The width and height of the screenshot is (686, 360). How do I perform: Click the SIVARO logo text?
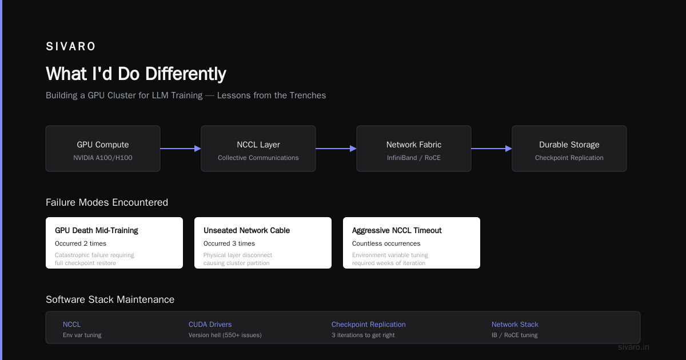point(70,46)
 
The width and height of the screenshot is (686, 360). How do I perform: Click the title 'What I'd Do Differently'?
point(136,74)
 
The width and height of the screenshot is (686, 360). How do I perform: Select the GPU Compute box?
point(103,149)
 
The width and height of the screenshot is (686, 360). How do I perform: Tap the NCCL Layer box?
point(258,149)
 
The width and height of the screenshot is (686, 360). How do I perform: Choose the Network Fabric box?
point(414,149)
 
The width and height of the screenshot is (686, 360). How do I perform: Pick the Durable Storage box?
point(569,149)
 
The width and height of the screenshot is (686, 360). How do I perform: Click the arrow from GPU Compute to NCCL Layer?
point(181,149)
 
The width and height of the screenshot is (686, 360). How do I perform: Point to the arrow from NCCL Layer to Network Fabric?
point(336,149)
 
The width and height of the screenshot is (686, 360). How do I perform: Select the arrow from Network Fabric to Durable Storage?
point(492,149)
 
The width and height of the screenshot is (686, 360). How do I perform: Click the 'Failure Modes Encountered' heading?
point(107,202)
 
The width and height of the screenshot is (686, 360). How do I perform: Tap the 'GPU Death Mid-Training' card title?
point(97,230)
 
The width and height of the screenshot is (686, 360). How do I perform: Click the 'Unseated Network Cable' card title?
point(246,230)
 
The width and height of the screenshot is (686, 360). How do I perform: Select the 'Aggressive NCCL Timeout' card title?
point(397,230)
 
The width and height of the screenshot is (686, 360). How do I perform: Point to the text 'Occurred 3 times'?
point(229,243)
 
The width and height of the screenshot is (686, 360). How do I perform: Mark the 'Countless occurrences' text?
point(386,243)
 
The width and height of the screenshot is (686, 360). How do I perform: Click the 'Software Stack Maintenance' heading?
point(110,299)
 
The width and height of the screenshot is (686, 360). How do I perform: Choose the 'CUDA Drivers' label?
point(210,325)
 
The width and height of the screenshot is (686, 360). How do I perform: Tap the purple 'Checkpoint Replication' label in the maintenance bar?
point(368,325)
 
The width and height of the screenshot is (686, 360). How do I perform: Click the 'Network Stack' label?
point(515,325)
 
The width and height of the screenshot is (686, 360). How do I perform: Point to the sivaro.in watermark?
point(633,347)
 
